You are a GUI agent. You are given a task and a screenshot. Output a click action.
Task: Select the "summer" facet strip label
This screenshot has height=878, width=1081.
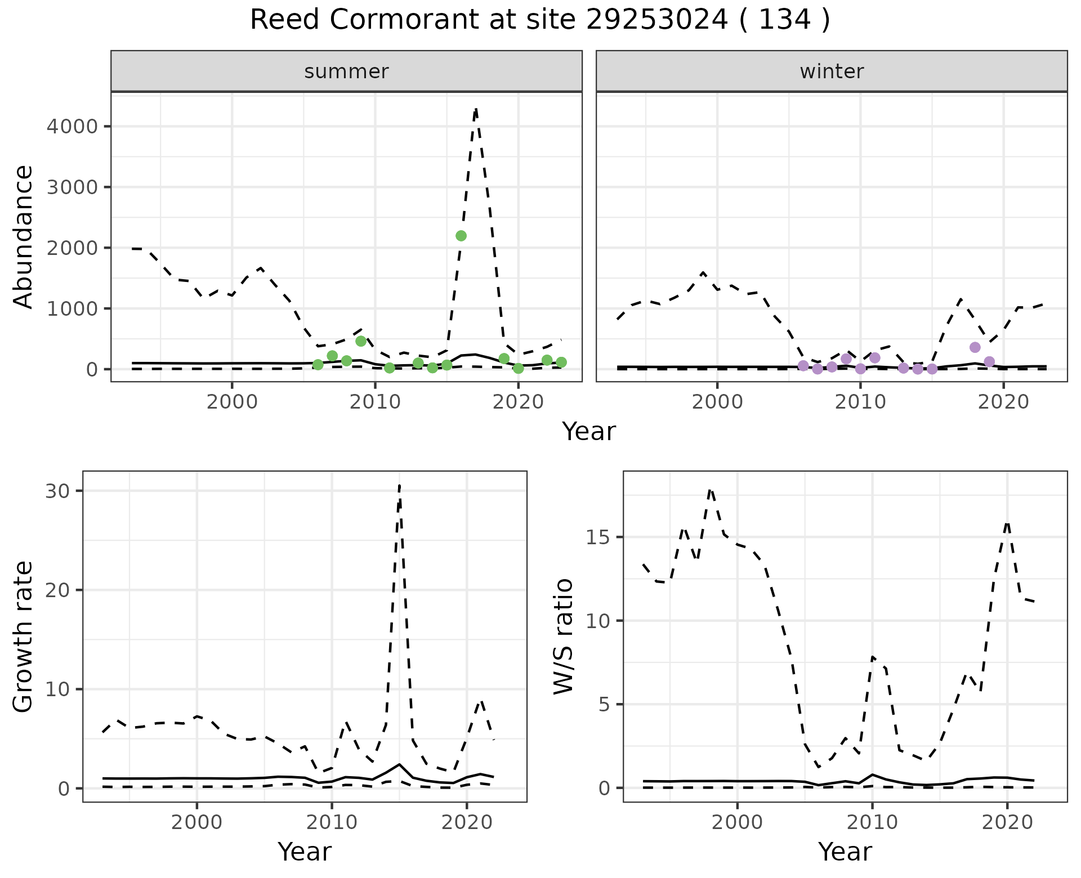(346, 71)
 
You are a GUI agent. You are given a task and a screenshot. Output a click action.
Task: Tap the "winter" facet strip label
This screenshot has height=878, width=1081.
(832, 71)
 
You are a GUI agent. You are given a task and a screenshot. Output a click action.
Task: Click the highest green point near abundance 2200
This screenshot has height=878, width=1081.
(461, 236)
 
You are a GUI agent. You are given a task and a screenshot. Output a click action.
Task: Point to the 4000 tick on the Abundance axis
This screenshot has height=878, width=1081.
(72, 126)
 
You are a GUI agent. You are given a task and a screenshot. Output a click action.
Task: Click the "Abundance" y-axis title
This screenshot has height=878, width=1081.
(24, 236)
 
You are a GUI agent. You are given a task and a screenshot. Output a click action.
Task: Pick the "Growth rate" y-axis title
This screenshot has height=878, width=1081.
(24, 636)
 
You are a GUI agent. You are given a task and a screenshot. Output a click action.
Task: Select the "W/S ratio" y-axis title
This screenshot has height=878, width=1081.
(564, 636)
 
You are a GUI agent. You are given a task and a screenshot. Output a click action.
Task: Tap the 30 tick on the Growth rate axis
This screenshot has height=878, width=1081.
(57, 491)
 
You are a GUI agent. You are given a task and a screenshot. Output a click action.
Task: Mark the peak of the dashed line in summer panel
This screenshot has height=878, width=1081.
(476, 109)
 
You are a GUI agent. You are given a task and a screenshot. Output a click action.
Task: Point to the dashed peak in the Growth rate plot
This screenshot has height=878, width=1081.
(399, 485)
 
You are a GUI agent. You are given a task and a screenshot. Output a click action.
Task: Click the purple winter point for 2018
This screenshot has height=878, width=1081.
(975, 347)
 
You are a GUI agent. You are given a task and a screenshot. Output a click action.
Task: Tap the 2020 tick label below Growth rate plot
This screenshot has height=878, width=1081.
(467, 822)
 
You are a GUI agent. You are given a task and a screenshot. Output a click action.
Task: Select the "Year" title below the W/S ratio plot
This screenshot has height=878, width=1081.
(845, 852)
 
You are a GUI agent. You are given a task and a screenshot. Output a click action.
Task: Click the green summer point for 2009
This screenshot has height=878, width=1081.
(361, 341)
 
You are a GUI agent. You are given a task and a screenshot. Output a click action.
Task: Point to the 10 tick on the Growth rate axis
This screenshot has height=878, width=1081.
(57, 689)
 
